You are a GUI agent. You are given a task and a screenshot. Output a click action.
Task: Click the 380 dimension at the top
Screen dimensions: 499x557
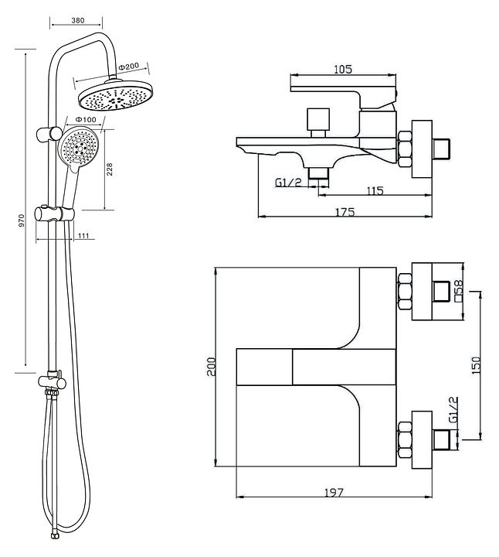point(78,21)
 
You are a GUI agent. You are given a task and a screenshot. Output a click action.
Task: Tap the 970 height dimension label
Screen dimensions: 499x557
point(22,221)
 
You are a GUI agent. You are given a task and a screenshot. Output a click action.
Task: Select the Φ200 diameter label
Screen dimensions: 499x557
point(129,67)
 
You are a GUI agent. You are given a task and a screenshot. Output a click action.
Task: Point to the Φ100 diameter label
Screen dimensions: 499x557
point(86,119)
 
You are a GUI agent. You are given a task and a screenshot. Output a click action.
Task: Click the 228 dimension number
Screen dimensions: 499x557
point(110,169)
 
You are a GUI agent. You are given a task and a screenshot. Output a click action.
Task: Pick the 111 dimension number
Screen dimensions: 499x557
point(83,235)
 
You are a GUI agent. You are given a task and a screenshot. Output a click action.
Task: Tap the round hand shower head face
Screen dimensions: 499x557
point(79,148)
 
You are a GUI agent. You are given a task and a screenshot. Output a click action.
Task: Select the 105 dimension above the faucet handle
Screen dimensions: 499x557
point(343,69)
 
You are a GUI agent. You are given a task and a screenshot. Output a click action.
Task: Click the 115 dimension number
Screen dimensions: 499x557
point(375,191)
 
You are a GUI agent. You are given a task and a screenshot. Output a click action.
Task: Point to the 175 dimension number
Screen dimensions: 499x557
point(345,212)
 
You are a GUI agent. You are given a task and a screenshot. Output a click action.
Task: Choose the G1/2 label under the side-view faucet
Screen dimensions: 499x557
point(288,183)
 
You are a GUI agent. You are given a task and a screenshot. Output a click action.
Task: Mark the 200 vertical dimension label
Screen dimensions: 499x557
point(212,367)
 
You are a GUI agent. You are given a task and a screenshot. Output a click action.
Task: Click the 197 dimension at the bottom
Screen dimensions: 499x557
point(334,492)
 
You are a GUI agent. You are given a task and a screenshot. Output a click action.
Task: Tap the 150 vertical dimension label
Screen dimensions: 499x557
point(477,365)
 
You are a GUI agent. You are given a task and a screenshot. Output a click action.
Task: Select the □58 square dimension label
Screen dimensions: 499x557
point(459,291)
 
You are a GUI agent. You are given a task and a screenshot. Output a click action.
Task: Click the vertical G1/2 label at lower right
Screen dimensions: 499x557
point(453,409)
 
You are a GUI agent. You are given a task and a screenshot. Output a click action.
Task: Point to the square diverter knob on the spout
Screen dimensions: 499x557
point(318,119)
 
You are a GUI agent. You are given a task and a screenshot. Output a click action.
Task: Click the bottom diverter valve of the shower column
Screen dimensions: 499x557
point(52,382)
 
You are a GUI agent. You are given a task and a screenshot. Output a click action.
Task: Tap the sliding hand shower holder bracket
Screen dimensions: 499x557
point(54,214)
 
